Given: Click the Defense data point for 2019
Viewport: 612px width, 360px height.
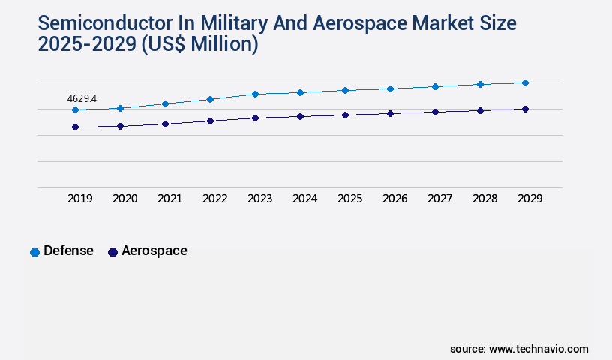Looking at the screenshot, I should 75,109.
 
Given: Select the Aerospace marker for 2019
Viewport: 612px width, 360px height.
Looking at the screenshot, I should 75,127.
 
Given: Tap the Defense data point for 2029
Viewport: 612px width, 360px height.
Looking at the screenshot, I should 525,82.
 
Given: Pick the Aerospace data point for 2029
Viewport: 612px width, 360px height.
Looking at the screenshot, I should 525,109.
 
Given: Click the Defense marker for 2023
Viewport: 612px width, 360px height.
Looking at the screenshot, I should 255,94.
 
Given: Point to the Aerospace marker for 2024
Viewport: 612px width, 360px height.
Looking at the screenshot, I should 300,116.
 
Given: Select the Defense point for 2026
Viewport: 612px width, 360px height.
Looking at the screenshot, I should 390,88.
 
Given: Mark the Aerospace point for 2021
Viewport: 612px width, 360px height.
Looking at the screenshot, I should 165,124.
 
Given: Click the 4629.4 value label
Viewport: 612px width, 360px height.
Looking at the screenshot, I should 82,98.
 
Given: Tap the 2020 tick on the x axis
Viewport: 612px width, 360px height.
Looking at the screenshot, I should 124,199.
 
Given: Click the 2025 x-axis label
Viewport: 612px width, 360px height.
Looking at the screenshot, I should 349,199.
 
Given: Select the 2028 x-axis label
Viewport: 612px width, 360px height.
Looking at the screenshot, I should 484,199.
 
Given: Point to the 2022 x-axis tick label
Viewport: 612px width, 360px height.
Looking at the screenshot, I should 214,199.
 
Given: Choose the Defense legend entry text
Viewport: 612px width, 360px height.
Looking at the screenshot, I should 68,250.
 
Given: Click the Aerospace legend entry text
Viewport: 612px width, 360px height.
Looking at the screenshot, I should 154,250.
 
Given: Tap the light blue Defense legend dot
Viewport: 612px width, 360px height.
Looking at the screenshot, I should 34,252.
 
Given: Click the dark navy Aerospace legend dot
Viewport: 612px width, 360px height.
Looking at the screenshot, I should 112,252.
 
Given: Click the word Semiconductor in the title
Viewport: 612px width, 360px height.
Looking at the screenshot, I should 103,22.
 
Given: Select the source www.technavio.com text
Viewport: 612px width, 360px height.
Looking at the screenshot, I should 519,349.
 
